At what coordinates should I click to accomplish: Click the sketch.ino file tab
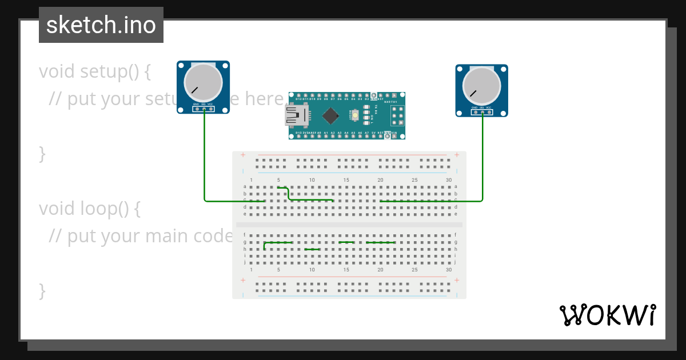pyautogui.click(x=101, y=25)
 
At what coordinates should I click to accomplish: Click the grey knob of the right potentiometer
pyautogui.click(x=482, y=86)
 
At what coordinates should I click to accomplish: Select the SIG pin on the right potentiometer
pyautogui.click(x=482, y=112)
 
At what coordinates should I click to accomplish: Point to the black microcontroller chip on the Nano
pyautogui.click(x=330, y=116)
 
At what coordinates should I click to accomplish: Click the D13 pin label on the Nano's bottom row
pyautogui.click(x=298, y=133)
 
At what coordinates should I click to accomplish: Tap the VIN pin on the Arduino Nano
pyautogui.click(x=394, y=133)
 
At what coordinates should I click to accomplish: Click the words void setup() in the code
pyautogui.click(x=95, y=72)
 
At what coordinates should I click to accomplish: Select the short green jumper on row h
pyautogui.click(x=313, y=250)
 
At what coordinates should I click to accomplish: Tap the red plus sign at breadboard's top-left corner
pyautogui.click(x=243, y=155)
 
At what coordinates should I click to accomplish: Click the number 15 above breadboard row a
pyautogui.click(x=346, y=180)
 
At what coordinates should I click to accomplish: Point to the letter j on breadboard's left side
pyautogui.click(x=245, y=263)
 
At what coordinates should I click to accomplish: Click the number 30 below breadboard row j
pyautogui.click(x=448, y=270)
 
